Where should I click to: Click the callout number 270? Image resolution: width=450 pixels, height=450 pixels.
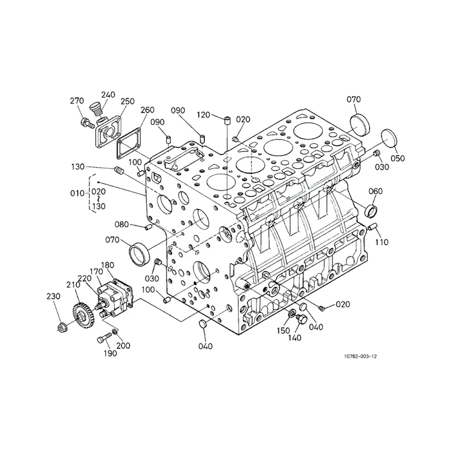point(77,101)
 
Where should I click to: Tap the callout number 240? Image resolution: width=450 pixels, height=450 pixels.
point(108,94)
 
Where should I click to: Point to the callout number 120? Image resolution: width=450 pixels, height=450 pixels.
point(203,115)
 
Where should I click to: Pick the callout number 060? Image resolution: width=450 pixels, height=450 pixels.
point(376,191)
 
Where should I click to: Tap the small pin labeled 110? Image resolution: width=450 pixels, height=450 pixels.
point(372,226)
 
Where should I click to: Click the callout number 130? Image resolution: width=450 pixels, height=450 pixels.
point(78,166)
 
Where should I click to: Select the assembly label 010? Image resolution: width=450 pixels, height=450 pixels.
point(77,193)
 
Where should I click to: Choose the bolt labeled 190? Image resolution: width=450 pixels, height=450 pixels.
point(102,339)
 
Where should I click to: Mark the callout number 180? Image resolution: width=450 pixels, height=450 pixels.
point(108,265)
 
